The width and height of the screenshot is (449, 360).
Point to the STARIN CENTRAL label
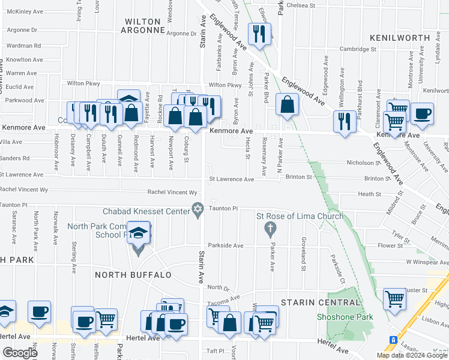click(x=316, y=303)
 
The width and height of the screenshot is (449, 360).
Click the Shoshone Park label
click(x=345, y=317)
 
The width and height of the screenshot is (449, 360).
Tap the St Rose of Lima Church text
click(x=300, y=216)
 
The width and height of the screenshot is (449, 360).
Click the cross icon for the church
click(x=270, y=228)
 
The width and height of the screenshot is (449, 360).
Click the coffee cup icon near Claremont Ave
click(x=422, y=113)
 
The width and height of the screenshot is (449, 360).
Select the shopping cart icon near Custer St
click(x=394, y=298)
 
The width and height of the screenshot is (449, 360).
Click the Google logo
click(x=20, y=353)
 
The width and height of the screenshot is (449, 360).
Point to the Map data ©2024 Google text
click(x=412, y=355)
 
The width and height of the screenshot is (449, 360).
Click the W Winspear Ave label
click(x=427, y=262)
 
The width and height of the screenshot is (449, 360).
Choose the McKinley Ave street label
click(x=26, y=11)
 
